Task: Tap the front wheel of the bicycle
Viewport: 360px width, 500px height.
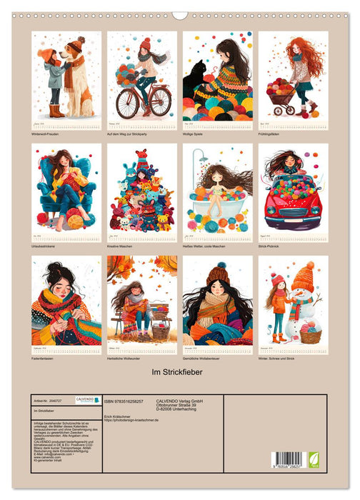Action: [127, 104]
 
